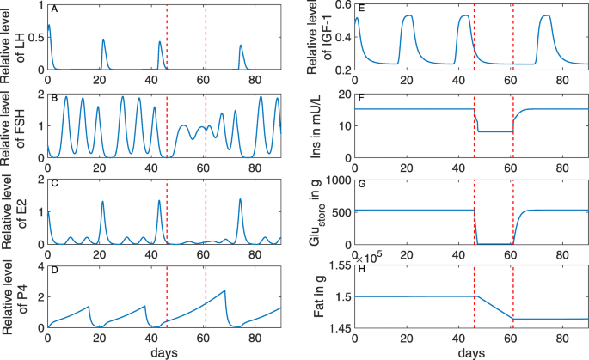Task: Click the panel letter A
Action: (x=54, y=9)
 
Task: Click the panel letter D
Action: (x=54, y=274)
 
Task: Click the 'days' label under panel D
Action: (x=164, y=352)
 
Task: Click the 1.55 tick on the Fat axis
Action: (x=338, y=267)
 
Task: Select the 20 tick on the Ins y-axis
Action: (x=342, y=94)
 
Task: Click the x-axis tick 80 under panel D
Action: (x=255, y=339)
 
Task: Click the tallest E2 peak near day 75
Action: (x=240, y=199)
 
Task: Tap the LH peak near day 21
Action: (x=103, y=40)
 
